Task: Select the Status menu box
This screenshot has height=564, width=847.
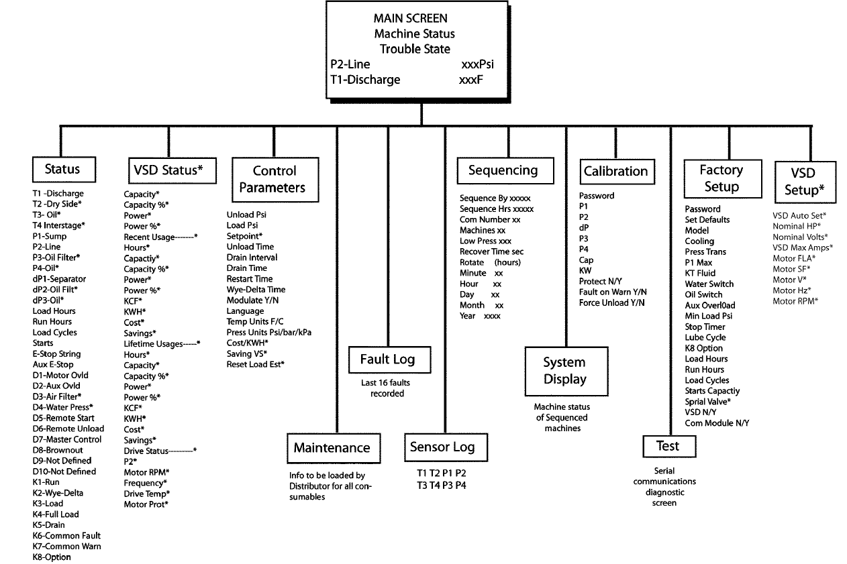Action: tap(62, 169)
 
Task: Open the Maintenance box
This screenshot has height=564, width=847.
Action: tap(332, 447)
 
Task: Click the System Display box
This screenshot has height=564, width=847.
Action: tap(564, 371)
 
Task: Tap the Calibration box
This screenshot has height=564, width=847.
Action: tap(615, 171)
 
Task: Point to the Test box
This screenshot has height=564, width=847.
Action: tap(667, 446)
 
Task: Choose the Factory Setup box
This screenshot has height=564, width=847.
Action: tap(721, 178)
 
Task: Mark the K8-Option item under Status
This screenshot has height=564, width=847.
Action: tap(52, 557)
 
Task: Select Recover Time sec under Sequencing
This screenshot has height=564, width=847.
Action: tap(491, 251)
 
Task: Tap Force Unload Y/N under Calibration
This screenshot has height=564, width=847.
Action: tap(611, 303)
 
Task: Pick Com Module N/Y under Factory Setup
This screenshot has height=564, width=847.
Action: tap(716, 423)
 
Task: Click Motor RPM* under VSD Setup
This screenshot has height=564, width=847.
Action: tap(796, 301)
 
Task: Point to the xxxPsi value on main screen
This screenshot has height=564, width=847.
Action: tap(478, 64)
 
